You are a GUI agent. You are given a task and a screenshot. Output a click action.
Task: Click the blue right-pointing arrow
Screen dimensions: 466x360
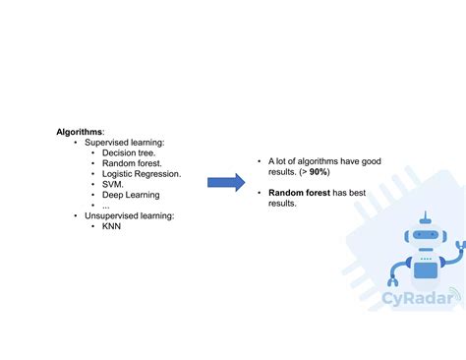click(225, 182)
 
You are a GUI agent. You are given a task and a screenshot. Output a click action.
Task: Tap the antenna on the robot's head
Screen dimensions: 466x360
click(424, 217)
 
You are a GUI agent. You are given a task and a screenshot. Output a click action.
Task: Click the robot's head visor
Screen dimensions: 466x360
click(424, 237)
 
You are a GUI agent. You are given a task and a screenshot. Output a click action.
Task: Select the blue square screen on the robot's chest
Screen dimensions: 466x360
click(425, 268)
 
